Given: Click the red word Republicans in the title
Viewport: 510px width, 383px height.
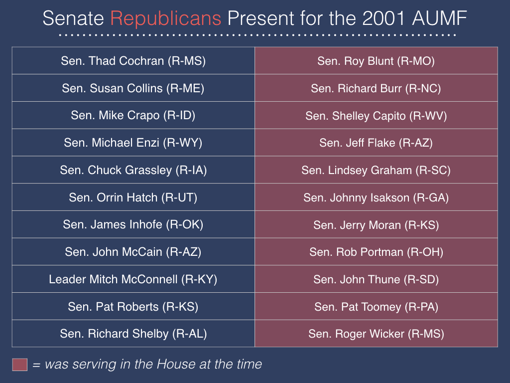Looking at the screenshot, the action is [166, 19].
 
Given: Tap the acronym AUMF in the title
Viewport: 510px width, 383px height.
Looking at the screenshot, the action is [439, 18].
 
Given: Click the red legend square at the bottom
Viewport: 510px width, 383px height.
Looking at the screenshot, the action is [19, 365].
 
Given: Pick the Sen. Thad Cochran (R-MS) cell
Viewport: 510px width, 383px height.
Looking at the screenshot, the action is [133, 60].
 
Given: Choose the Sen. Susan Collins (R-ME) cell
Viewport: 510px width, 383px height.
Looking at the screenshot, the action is [133, 88].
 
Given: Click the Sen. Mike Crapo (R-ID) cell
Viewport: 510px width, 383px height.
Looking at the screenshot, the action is [133, 115].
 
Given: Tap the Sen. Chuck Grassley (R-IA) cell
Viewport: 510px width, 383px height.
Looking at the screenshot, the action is [133, 170].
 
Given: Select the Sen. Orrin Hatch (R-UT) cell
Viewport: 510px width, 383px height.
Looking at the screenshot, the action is [133, 197].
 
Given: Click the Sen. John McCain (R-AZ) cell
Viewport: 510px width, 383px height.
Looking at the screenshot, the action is [133, 252].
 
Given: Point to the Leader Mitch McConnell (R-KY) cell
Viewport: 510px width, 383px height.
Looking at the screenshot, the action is [133, 279].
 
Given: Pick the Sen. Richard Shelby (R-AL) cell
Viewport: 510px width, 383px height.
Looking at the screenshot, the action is [133, 334].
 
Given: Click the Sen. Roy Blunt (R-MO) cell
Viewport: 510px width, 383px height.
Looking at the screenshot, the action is [377, 60].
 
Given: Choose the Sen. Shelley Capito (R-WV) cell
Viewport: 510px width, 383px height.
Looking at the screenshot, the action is [377, 115].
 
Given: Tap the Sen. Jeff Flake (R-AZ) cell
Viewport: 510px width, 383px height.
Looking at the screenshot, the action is [377, 143].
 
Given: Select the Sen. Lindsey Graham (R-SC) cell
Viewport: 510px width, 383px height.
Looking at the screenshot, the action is [377, 170].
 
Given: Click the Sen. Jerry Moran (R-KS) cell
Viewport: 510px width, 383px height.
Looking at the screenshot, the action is [377, 224].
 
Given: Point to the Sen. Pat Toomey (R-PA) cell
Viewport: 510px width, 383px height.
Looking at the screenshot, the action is [377, 307].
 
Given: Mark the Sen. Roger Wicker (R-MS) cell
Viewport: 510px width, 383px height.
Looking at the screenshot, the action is [377, 334].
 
